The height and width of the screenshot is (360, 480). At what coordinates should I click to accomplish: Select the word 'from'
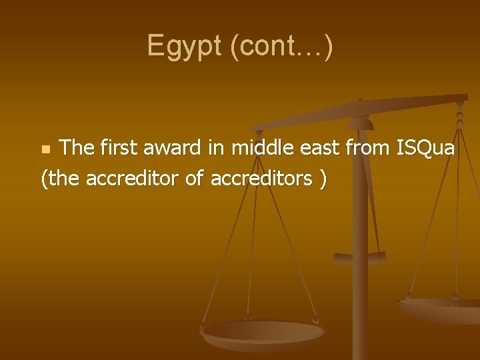click(x=369, y=148)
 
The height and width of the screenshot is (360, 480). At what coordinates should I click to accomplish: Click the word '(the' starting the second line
click(x=61, y=179)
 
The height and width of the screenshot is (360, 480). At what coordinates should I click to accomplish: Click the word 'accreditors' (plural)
click(x=261, y=179)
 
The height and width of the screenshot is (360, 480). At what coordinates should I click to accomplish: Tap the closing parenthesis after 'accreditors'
click(x=323, y=179)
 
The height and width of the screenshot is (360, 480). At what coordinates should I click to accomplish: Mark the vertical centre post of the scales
click(x=361, y=267)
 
